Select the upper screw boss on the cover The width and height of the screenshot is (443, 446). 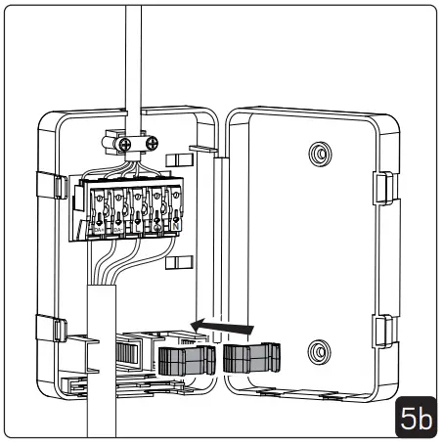[x=318, y=155]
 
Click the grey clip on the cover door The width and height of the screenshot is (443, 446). [x=252, y=359]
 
